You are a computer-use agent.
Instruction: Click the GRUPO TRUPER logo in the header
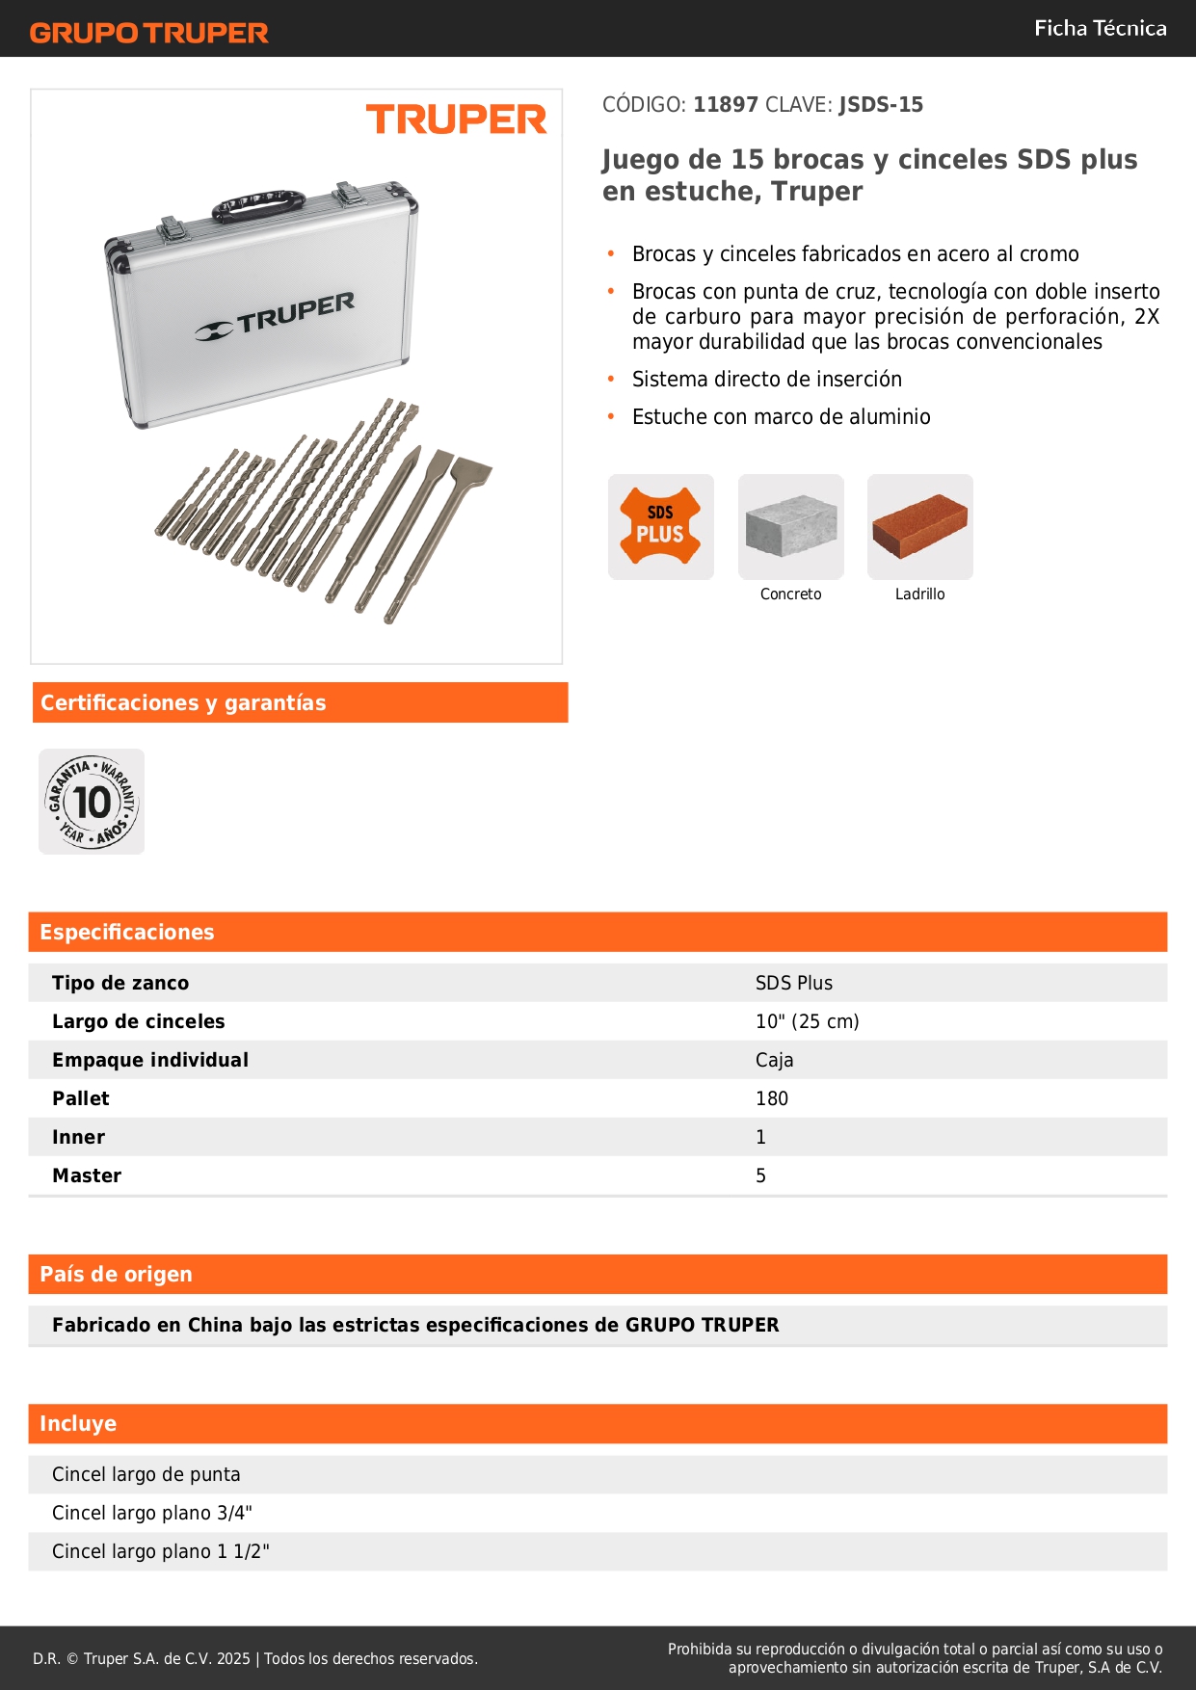pos(148,33)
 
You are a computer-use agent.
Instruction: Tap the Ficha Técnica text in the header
pos(1100,28)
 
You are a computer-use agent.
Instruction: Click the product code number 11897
pos(726,105)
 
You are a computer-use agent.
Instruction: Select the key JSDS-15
pos(881,105)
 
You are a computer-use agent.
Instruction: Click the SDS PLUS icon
pos(660,526)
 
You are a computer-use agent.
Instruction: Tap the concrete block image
pos(790,526)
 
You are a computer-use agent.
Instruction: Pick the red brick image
pos(919,526)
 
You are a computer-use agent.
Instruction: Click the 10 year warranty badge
pos(92,802)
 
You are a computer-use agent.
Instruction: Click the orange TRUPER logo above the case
pos(456,120)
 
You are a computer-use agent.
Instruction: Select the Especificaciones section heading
pos(127,932)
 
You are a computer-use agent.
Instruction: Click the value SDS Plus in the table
pos(793,983)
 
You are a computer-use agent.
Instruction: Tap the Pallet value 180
pos(771,1098)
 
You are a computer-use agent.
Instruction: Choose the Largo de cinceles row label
pos(138,1021)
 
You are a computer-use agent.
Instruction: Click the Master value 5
pos(760,1175)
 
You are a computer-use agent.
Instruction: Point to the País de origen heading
pos(116,1274)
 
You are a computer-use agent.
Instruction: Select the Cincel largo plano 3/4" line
pos(151,1513)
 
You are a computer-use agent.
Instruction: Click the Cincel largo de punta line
pos(146,1474)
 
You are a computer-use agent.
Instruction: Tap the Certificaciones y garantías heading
pos(183,702)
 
